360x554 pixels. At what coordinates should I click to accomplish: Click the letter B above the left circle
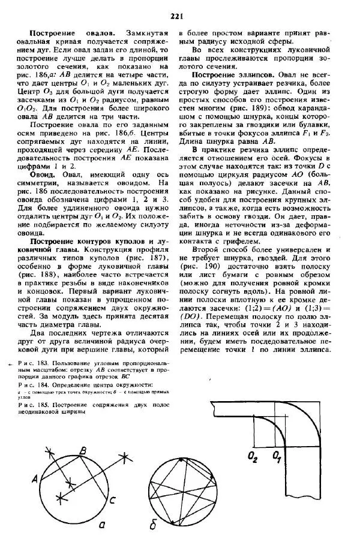click(x=83, y=450)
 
